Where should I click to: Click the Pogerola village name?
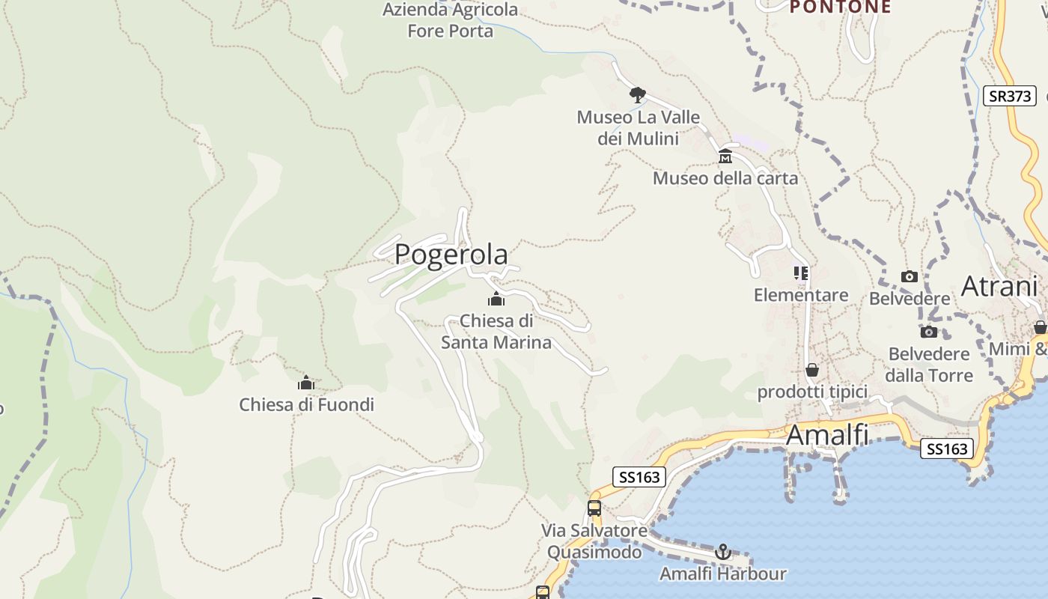451,255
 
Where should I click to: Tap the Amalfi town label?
827,434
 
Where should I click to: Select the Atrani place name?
999,286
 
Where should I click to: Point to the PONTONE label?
841,7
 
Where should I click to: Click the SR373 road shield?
1009,96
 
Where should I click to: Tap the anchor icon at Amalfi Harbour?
723,553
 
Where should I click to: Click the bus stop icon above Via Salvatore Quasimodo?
594,508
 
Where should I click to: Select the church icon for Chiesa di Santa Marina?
496,299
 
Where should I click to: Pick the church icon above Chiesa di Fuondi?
305,383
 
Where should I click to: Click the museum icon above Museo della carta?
725,156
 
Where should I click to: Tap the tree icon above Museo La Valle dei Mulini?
638,95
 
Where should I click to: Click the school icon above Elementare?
801,273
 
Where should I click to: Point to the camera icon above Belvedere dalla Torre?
929,332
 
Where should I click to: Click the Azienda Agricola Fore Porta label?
451,20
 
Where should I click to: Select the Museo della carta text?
725,178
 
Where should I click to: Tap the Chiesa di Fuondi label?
306,405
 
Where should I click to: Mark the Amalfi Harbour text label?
722,574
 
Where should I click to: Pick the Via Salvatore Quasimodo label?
594,541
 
